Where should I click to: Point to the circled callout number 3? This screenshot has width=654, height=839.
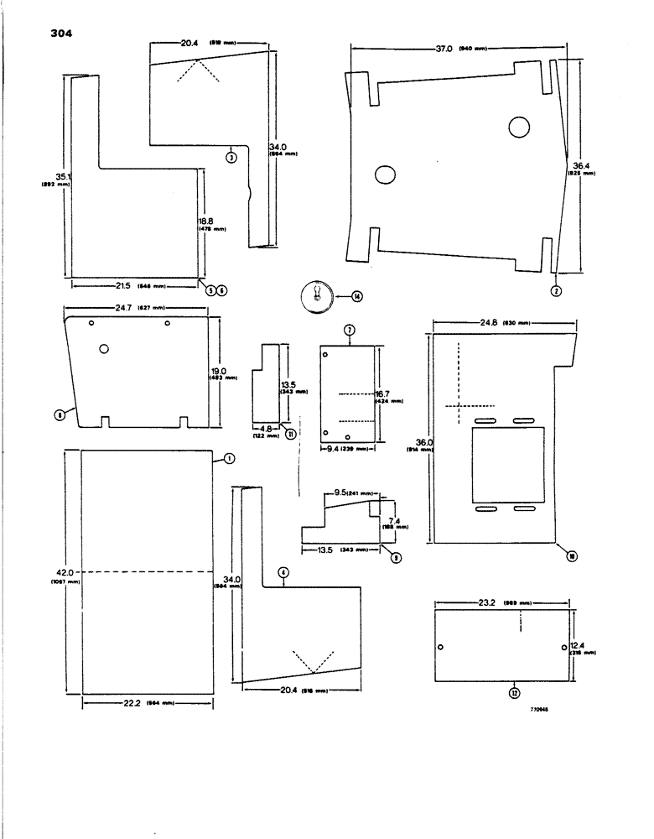[232, 156]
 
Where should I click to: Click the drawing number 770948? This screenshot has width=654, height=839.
[537, 709]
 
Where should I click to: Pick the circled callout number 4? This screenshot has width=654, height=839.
[284, 572]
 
